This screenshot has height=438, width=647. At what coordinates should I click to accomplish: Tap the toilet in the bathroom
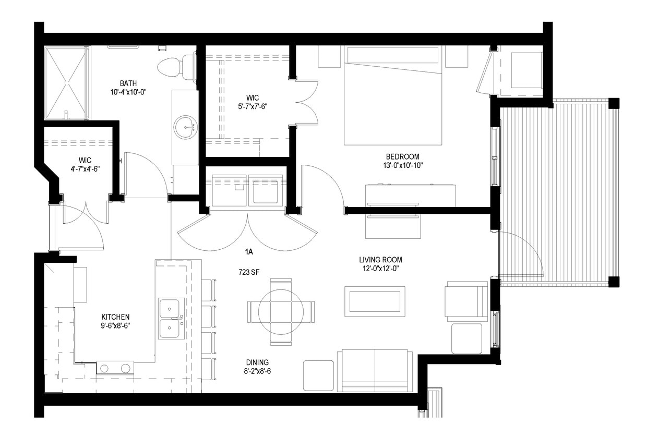[x=175, y=67]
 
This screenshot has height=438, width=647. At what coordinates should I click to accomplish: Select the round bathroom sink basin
[x=185, y=127]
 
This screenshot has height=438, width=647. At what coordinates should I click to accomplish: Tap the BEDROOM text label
[x=402, y=156]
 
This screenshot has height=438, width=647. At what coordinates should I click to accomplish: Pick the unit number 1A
[x=249, y=252]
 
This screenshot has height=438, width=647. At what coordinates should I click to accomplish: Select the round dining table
[x=281, y=312]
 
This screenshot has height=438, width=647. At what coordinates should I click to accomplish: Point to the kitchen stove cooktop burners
[x=115, y=368]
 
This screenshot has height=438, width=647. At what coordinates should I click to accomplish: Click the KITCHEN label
[x=115, y=317]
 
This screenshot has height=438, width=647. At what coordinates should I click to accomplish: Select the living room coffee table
[x=375, y=301]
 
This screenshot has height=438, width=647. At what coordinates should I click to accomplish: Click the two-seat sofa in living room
[x=375, y=370]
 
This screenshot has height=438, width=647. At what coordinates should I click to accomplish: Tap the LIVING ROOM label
[x=380, y=260]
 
